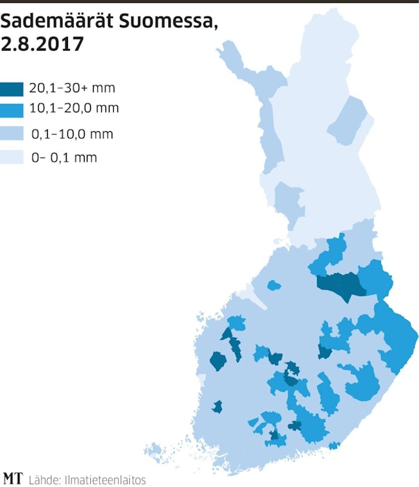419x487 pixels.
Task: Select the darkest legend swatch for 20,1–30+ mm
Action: click(x=12, y=89)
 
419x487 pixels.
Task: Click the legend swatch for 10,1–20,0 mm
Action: click(x=12, y=109)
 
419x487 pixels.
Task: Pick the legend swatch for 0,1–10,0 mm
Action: click(x=12, y=133)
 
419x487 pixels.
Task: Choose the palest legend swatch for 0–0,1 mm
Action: click(x=12, y=157)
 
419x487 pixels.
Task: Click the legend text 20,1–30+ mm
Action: click(x=72, y=89)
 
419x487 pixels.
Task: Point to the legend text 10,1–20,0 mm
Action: click(x=74, y=108)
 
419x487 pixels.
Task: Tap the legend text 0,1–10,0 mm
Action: click(x=72, y=133)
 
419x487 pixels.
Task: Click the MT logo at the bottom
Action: click(x=12, y=478)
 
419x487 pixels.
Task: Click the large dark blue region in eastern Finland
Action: click(x=341, y=284)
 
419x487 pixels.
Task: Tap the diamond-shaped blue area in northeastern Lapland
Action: click(x=349, y=120)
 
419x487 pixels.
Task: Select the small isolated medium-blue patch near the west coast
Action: click(x=273, y=284)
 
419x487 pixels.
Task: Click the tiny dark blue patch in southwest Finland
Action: click(x=217, y=407)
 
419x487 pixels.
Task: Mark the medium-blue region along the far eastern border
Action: click(x=395, y=333)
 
